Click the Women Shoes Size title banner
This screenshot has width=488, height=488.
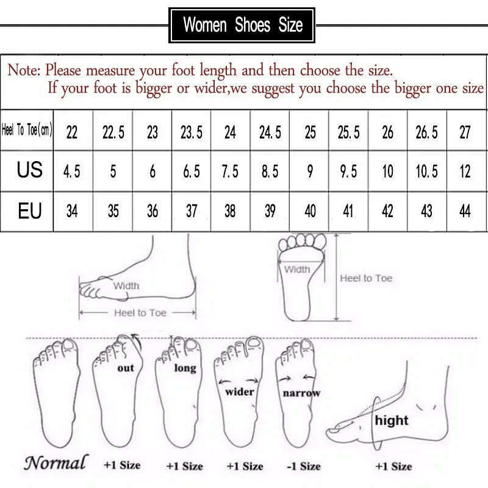(243, 25)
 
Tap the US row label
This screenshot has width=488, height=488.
(29, 170)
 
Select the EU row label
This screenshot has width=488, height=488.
(29, 210)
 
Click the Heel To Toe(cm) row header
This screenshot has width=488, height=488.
(27, 131)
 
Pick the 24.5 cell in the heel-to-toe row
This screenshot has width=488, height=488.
(270, 132)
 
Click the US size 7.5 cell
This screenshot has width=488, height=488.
(230, 171)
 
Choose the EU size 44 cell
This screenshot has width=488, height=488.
(465, 211)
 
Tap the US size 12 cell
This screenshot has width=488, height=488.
(465, 171)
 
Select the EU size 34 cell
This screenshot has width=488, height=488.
(72, 211)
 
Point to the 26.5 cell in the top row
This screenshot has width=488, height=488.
(426, 132)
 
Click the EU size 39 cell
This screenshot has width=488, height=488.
(270, 211)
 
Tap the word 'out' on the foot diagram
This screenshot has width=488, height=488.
(126, 368)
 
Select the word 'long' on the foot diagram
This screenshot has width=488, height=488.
(185, 368)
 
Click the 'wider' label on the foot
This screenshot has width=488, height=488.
(239, 391)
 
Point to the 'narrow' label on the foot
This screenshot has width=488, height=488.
(301, 393)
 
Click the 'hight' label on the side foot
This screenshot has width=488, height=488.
(392, 420)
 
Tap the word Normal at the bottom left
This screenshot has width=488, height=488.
(56, 463)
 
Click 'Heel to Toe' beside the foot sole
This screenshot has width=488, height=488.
(366, 278)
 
